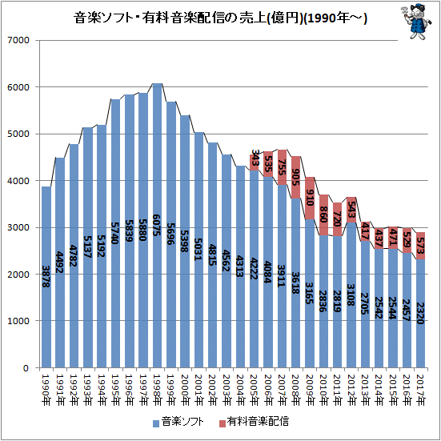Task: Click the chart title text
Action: click(220, 18)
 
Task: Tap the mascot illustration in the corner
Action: click(416, 21)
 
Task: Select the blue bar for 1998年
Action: click(157, 225)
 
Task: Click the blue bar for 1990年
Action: click(46, 277)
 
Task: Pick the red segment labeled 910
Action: click(310, 198)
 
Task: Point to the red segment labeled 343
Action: click(255, 162)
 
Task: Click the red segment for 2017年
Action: click(420, 246)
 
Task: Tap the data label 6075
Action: click(157, 225)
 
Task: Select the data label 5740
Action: click(115, 233)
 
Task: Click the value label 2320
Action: click(420, 313)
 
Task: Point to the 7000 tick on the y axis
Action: click(18, 40)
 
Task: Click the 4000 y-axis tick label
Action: click(18, 181)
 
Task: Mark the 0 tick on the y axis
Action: click(26, 367)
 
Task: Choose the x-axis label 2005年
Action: click(255, 390)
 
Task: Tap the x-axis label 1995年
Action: click(115, 390)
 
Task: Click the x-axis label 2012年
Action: click(351, 390)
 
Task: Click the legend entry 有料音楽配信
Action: click(254, 422)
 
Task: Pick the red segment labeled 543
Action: click(351, 210)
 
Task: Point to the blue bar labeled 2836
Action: click(323, 301)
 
